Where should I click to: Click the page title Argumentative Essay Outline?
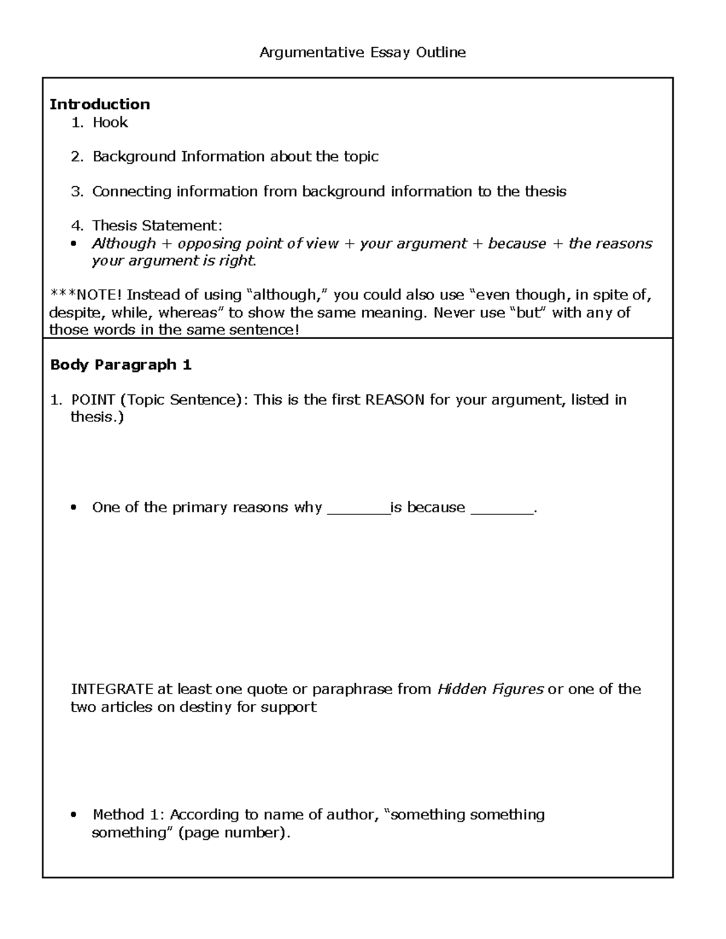[x=362, y=53]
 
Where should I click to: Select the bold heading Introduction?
[x=100, y=104]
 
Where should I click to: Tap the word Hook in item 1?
[x=110, y=122]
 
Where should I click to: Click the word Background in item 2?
[x=133, y=157]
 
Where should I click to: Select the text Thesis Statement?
[x=157, y=226]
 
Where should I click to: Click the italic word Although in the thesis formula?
[x=124, y=244]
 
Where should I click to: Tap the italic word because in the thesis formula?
[x=517, y=244]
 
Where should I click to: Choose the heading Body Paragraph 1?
[x=121, y=365]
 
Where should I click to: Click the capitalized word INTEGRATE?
[x=113, y=689]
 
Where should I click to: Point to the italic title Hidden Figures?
[x=490, y=689]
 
